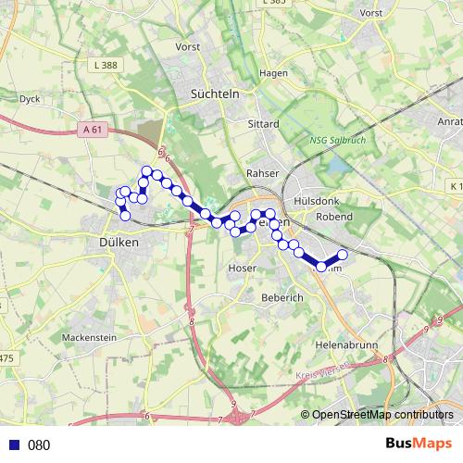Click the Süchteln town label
[x=214, y=94]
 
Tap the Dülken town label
[x=118, y=242]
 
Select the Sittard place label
[x=263, y=123]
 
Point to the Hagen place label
[x=275, y=73]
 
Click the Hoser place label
[x=241, y=269]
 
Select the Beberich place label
[x=260, y=298]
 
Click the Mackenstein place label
[x=89, y=338]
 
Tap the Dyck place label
[x=30, y=97]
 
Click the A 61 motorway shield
[x=92, y=131]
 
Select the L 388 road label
[x=106, y=64]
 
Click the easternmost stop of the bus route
[x=343, y=254]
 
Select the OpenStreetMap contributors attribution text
[x=382, y=415]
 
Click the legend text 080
[x=39, y=444]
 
